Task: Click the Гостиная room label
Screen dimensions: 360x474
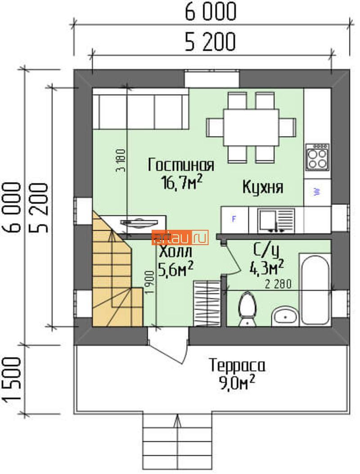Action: pyautogui.click(x=181, y=165)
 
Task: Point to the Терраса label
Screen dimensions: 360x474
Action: pyautogui.click(x=237, y=365)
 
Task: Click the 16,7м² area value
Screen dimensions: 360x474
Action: pyautogui.click(x=182, y=182)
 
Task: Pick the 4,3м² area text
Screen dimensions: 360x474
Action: pyautogui.click(x=266, y=267)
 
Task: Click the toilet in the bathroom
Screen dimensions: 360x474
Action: pyautogui.click(x=247, y=309)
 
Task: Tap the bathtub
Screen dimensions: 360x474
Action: pyautogui.click(x=315, y=290)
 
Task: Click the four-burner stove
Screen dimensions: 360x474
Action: pyautogui.click(x=317, y=157)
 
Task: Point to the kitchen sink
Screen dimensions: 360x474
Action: pyautogui.click(x=276, y=220)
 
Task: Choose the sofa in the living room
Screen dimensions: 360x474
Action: pyautogui.click(x=141, y=109)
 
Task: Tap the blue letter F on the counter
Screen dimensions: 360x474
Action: pyautogui.click(x=234, y=219)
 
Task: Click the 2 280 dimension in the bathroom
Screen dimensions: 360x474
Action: pyautogui.click(x=278, y=284)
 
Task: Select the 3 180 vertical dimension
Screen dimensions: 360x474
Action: pyautogui.click(x=121, y=160)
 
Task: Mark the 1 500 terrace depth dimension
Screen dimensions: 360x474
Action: pyautogui.click(x=13, y=380)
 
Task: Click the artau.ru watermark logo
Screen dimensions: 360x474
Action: pyautogui.click(x=180, y=237)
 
